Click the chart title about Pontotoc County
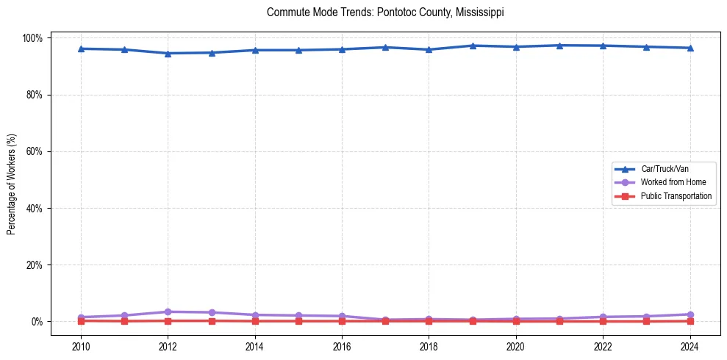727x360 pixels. [x=385, y=12]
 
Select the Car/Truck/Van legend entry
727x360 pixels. [x=665, y=169]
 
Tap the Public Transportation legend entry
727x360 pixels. [x=676, y=196]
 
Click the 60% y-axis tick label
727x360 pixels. [x=36, y=151]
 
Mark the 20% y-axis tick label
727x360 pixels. [x=36, y=264]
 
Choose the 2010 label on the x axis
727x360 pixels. [x=81, y=347]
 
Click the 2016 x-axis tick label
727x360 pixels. [x=342, y=347]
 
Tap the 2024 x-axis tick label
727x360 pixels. [x=690, y=347]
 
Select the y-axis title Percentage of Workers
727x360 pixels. [x=12, y=179]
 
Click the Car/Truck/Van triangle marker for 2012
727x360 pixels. [x=168, y=53]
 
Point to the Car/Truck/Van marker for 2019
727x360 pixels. [x=473, y=46]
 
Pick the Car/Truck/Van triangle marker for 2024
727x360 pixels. [x=690, y=48]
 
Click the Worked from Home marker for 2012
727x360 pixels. [x=168, y=312]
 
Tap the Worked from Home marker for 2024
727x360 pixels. [x=690, y=314]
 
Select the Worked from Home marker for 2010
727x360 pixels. [x=81, y=317]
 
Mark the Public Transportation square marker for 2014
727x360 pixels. [x=255, y=321]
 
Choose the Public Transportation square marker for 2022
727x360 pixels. [x=603, y=321]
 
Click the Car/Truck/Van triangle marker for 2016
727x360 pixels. [x=342, y=49]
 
